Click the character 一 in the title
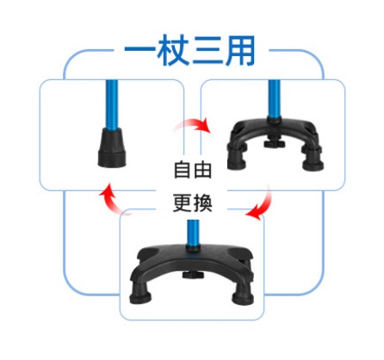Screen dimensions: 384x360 coord(139,50)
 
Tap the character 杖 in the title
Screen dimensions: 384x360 coord(173,50)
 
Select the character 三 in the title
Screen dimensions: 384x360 coord(207,50)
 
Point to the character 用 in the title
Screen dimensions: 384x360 coord(240,50)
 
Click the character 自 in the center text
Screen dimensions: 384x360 coord(182,170)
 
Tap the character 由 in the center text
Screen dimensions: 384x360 coord(202,170)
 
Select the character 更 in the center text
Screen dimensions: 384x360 coord(182,203)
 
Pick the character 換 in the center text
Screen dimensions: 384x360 coord(202,203)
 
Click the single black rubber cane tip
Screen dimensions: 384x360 coord(112,147)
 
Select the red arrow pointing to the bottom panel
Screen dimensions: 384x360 coord(262,204)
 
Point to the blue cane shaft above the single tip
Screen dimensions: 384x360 coord(111,105)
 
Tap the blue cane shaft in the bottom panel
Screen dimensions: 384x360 coord(193,233)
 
